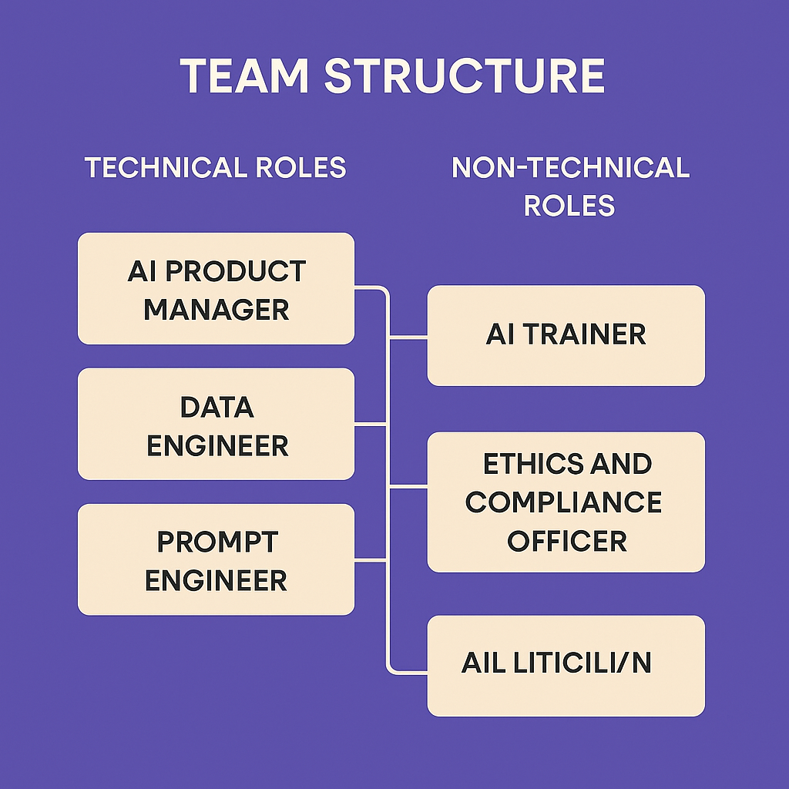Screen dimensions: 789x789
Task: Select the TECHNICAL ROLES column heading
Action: point(215,167)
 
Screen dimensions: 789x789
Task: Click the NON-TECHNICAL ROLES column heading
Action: point(570,186)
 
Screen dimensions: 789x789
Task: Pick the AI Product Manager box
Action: point(216,289)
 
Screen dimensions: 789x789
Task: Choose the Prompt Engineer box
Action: point(216,559)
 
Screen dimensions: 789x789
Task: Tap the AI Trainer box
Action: point(566,335)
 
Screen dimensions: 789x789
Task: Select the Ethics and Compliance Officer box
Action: point(566,502)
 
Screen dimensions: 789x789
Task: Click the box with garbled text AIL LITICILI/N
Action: point(566,666)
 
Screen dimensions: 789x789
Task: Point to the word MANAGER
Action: point(217,310)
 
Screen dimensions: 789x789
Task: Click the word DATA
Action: point(217,407)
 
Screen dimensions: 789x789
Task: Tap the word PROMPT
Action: point(217,542)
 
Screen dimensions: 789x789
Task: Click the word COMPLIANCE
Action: point(563,502)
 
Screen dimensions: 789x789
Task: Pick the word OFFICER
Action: point(566,540)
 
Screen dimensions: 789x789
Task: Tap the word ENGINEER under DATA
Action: point(217,445)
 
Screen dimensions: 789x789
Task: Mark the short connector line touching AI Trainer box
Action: point(408,337)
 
